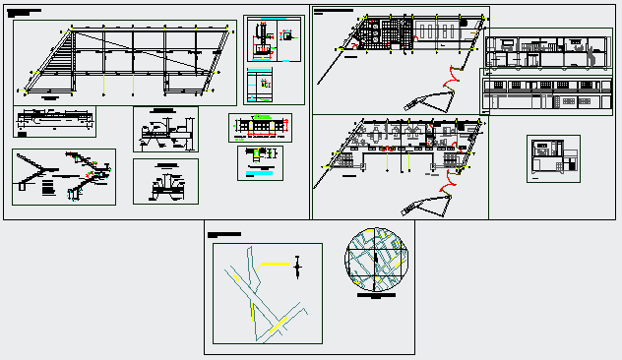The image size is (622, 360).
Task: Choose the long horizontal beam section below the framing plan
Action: point(55,122)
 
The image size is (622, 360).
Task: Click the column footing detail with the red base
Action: point(262,39)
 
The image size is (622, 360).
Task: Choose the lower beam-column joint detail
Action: point(165,182)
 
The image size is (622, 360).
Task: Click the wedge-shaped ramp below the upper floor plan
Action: point(429,98)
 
